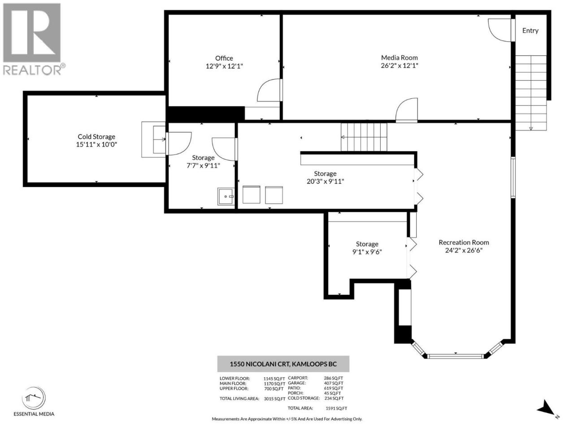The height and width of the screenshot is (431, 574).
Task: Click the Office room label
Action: pos(224,58)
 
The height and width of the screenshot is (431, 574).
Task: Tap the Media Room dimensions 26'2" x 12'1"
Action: pos(399,66)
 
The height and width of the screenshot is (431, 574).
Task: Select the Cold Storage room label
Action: pos(96,136)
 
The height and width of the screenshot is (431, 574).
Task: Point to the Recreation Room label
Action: pos(464,242)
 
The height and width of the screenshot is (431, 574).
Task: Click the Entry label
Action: pos(531,31)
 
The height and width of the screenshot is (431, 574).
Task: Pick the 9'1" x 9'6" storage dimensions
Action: pos(367,252)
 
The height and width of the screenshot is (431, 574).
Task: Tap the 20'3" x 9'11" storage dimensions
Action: pos(325,181)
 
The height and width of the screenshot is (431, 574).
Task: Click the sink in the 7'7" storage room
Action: pos(226,196)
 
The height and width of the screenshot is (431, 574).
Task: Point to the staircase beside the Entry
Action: pos(531,93)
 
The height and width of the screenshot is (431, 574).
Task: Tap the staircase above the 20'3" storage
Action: pos(364,137)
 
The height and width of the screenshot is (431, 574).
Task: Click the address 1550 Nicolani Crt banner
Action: pos(283,364)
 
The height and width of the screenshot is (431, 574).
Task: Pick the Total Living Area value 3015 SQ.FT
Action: pos(274,399)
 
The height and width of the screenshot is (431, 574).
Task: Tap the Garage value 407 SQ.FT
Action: pos(334,383)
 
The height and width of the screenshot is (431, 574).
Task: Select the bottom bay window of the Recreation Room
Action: pos(456,356)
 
